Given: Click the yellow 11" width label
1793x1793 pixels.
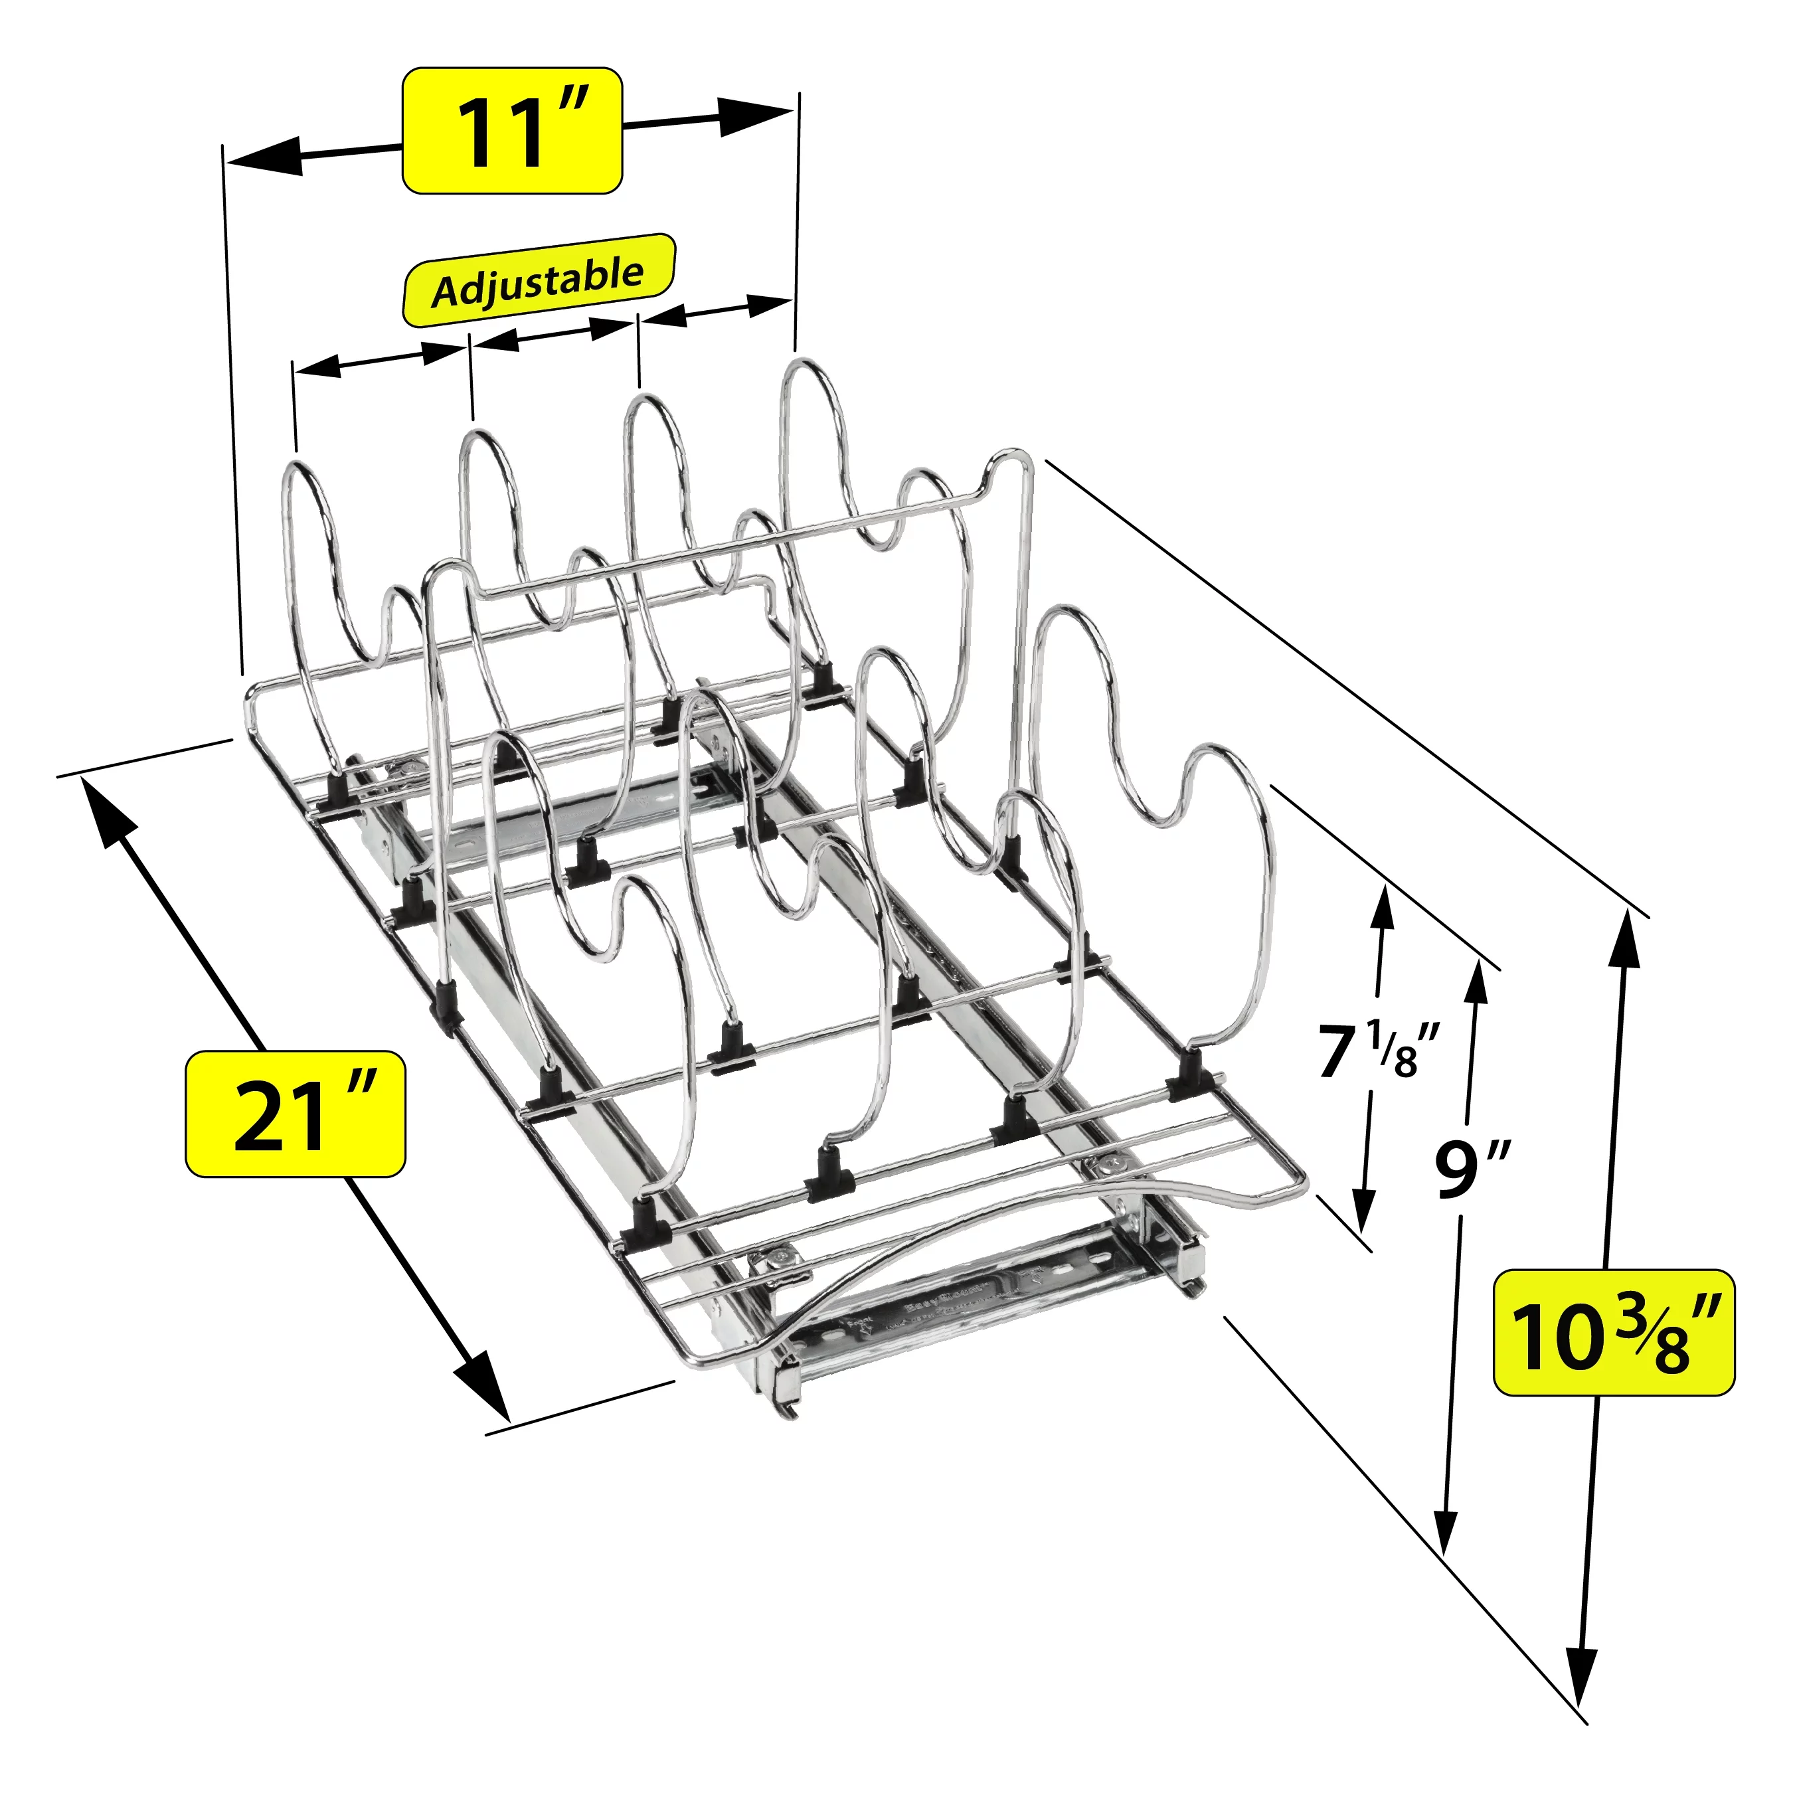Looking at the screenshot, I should (511, 131).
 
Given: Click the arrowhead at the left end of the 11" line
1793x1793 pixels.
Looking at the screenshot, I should (264, 157).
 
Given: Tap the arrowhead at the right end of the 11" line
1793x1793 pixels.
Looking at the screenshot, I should (756, 114).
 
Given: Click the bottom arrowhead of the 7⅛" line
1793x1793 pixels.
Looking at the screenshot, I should (1363, 1209).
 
